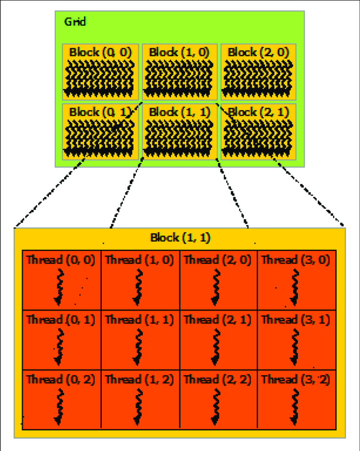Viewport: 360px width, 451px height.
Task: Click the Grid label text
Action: pos(75,22)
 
